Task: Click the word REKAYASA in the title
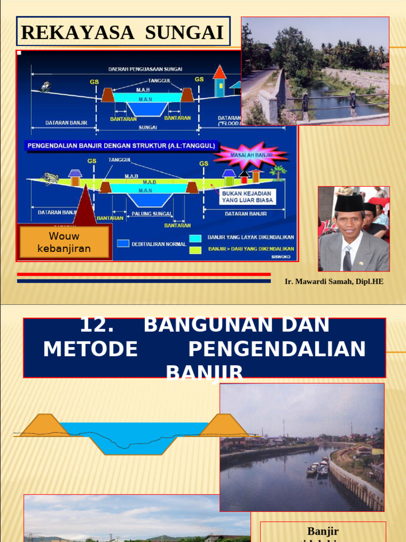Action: pos(78,32)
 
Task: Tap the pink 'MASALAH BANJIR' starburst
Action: pos(251,155)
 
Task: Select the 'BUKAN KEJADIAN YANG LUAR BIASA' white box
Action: pos(247,197)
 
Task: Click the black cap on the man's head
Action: pos(349,203)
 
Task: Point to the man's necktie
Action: pos(347,259)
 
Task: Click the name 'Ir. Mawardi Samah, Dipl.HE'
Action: pos(334,282)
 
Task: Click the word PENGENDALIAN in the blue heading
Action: pos(277,349)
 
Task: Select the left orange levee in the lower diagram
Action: pos(45,425)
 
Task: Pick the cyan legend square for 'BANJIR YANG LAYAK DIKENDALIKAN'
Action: pos(196,238)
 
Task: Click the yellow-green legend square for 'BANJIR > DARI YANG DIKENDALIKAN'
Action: pos(196,248)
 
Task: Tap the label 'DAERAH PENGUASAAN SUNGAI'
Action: pos(145,69)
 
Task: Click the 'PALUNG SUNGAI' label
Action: pos(152,214)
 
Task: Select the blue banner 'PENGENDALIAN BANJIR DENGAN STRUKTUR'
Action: pos(121,145)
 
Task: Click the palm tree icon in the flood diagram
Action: pos(278,171)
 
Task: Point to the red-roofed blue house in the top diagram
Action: pos(219,81)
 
